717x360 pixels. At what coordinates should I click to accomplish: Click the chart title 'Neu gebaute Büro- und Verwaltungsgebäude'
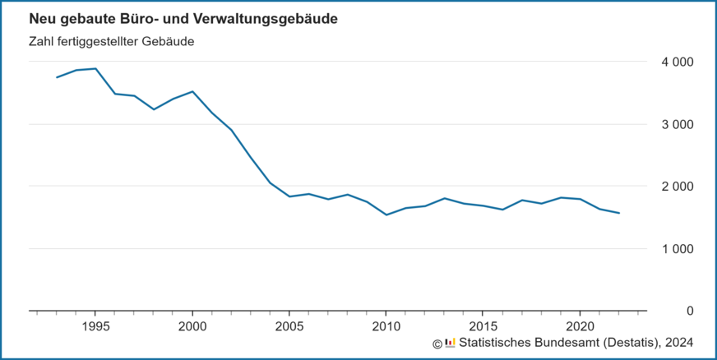click(x=183, y=18)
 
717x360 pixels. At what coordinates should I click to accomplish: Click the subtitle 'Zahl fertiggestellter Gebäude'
click(x=111, y=41)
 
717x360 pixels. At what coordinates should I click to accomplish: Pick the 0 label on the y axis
click(x=690, y=311)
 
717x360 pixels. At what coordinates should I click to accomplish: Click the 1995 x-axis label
click(x=95, y=326)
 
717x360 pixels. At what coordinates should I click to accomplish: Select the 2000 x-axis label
click(x=192, y=326)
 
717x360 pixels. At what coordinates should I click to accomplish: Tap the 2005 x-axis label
click(x=289, y=326)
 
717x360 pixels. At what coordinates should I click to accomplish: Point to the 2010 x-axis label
click(x=386, y=326)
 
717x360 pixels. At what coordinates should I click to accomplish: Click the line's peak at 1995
click(x=95, y=69)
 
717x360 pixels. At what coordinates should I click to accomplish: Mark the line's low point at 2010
click(x=386, y=215)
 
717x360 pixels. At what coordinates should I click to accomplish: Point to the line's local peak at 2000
click(x=192, y=91)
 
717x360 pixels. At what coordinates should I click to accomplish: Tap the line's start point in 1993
click(x=57, y=77)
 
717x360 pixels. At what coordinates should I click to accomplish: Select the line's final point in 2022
click(x=619, y=213)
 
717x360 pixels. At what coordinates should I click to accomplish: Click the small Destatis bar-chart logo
click(x=450, y=343)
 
